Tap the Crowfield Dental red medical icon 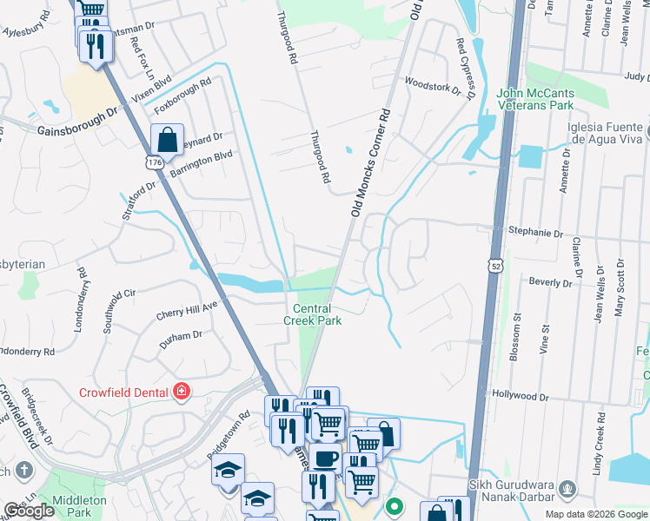pos(181,390)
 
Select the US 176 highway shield pos(154,162)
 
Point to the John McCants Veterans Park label pos(547,99)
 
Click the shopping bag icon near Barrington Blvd pos(166,139)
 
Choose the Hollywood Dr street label pos(520,394)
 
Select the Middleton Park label pos(78,506)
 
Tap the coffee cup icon pos(326,459)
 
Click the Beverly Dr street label pos(551,282)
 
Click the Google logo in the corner pos(29,511)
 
